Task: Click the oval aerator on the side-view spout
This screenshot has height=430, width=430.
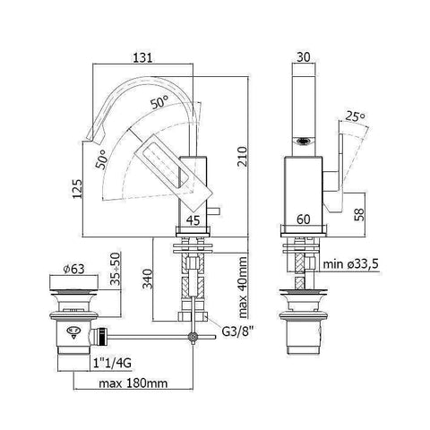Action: pyautogui.click(x=305, y=141)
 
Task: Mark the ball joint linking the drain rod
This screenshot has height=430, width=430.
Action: pyautogui.click(x=191, y=337)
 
